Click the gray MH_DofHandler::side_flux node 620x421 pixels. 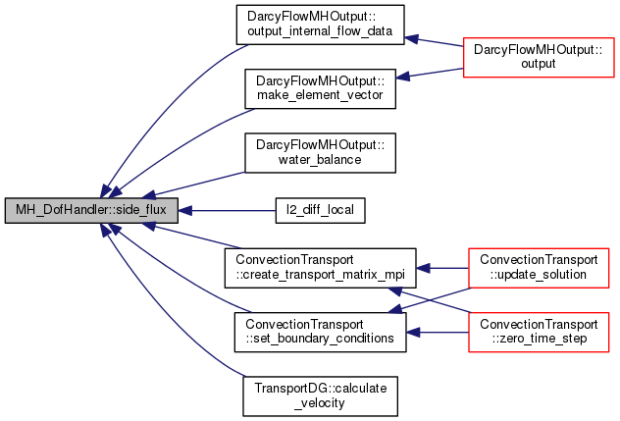pyautogui.click(x=91, y=210)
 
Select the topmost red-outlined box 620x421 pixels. pyautogui.click(x=539, y=58)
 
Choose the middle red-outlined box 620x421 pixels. pyautogui.click(x=539, y=268)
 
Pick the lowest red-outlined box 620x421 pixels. pyautogui.click(x=539, y=333)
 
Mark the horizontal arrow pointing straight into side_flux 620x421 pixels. pyautogui.click(x=231, y=210)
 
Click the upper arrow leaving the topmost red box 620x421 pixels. pyautogui.click(x=437, y=42)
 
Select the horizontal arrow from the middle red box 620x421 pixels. pyautogui.click(x=443, y=268)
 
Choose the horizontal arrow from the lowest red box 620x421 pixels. pyautogui.click(x=439, y=333)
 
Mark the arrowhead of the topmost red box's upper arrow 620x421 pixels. pyautogui.click(x=412, y=39)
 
